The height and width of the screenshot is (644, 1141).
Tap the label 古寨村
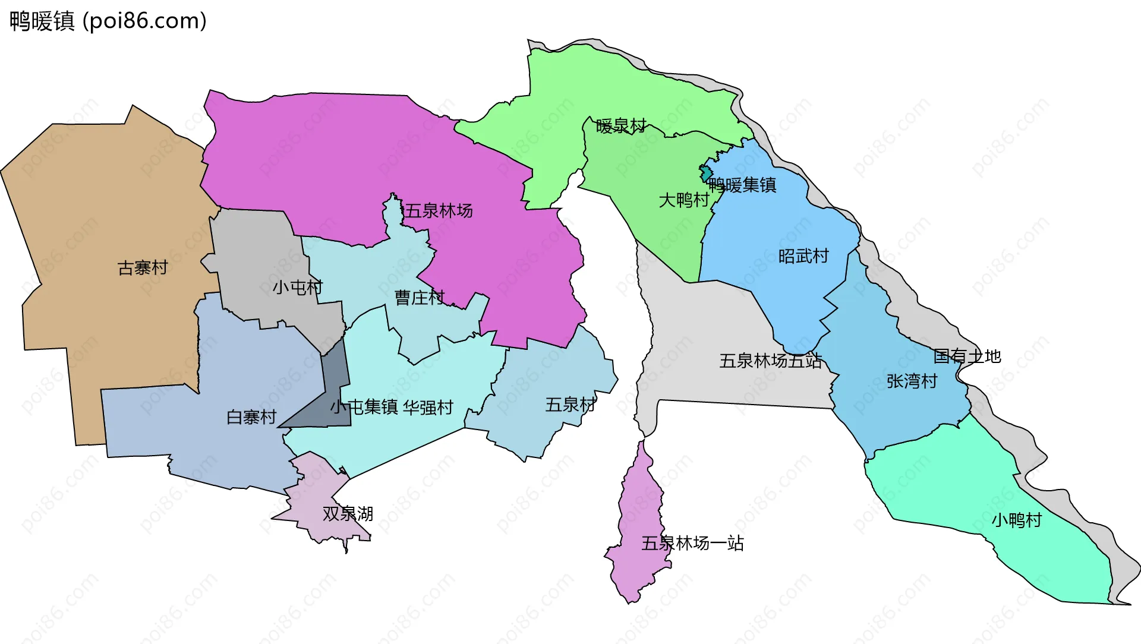pos(143,268)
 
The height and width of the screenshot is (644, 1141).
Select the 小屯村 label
pos(297,288)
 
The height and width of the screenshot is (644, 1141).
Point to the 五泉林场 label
pos(439,211)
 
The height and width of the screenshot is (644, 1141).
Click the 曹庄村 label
pos(420,298)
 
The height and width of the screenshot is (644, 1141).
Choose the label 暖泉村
pos(621,126)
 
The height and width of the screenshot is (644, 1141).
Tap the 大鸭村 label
pos(683,200)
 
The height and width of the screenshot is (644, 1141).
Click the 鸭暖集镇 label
pos(742,185)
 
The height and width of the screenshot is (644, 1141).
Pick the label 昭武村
pos(803,256)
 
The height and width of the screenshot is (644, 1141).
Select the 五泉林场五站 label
pos(770,361)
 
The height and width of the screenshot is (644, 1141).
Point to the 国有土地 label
pos(967,356)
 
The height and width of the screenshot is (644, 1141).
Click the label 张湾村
pos(912,381)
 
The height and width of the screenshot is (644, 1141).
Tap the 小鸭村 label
pos(1016,520)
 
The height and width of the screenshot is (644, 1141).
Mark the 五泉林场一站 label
pos(692,543)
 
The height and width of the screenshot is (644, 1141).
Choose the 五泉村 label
pos(570,405)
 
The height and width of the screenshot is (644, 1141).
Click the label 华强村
pos(428,408)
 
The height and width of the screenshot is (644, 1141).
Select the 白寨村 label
pos(251,417)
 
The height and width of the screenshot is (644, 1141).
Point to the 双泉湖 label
pos(348,514)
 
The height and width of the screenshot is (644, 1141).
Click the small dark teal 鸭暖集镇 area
pos(705,174)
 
